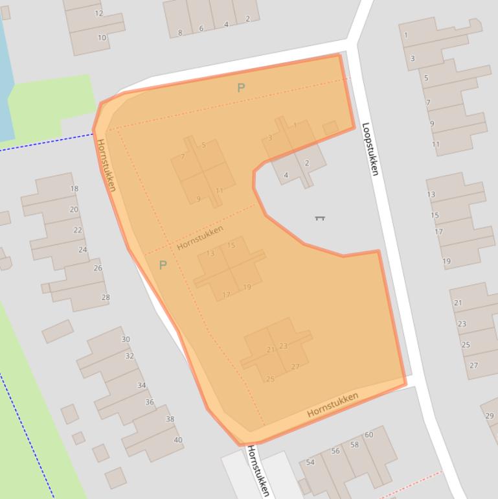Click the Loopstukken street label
point(370,149)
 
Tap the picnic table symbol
point(319,218)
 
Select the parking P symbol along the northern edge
point(241,87)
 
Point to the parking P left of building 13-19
point(163,264)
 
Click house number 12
point(99,13)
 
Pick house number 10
point(102,38)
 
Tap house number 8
point(180,32)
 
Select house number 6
point(201,29)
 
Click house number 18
point(74,189)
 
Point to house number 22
point(78,230)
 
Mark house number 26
point(98,268)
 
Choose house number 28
point(106,297)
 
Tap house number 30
point(126,339)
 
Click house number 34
point(141,386)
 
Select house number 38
point(170,419)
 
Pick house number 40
point(178,440)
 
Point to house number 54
point(310,462)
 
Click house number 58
point(354,445)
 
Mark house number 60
point(369,435)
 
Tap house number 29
point(489,415)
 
